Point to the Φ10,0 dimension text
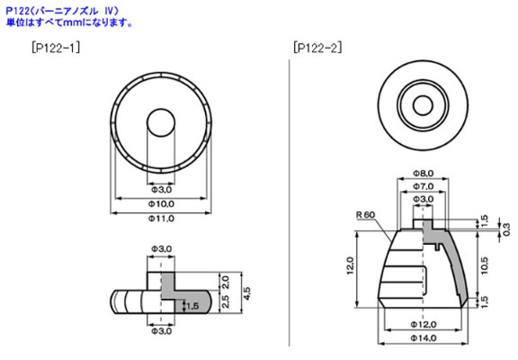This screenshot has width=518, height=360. (x=160, y=204)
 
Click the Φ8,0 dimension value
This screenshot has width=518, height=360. (x=423, y=172)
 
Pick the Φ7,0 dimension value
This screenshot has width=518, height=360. (x=423, y=185)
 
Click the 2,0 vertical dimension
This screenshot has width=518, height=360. (x=227, y=281)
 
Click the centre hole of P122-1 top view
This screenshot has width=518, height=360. (x=160, y=123)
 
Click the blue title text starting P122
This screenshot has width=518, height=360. (x=59, y=9)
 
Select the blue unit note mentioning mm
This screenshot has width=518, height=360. (x=68, y=21)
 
